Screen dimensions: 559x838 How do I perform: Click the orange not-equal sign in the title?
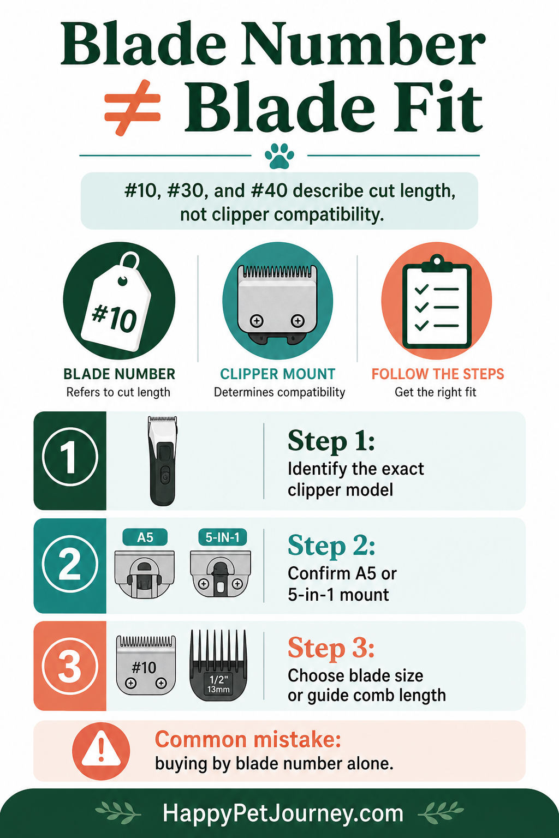[x=133, y=108]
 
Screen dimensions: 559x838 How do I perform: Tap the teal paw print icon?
[x=279, y=155]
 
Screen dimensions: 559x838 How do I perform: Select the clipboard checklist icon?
[x=437, y=302]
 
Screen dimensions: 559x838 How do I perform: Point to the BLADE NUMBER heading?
[x=119, y=374]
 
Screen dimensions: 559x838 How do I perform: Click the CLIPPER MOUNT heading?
[x=277, y=374]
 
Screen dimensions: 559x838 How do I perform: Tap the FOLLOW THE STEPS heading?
[x=438, y=374]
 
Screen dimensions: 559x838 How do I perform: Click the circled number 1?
[x=70, y=457]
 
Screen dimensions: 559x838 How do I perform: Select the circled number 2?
[x=70, y=564]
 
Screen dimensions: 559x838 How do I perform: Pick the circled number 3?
[x=70, y=666]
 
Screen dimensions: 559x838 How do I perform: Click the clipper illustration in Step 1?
[x=163, y=460]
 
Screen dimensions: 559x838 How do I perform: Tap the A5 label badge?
[x=145, y=537]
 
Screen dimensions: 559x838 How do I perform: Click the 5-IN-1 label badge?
[x=222, y=537]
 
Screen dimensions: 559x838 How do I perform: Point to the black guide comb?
[x=219, y=665]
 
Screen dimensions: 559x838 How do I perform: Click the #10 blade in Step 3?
[x=146, y=665]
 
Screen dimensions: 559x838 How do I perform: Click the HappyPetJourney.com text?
[x=283, y=813]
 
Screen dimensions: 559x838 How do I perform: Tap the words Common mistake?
[x=248, y=740]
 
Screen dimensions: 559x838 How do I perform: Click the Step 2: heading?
[x=331, y=546]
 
